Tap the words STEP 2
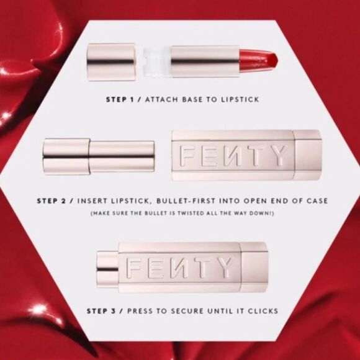point(53,201)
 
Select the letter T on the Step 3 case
point(201,268)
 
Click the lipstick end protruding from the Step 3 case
point(108,268)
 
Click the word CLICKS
point(261,310)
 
